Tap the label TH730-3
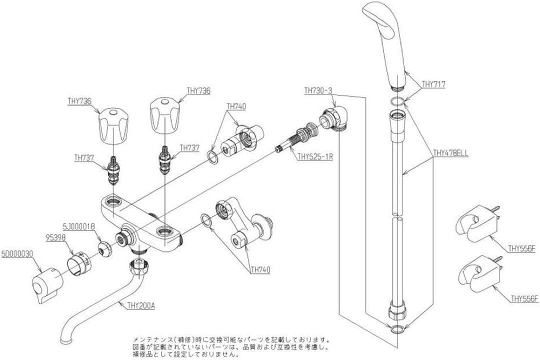[318, 91]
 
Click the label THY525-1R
[315, 156]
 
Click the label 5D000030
[17, 253]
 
